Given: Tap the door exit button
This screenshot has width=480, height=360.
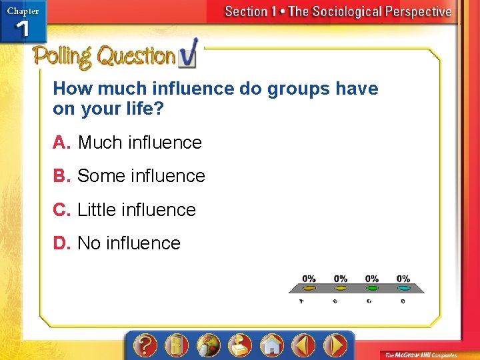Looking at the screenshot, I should click(175, 345).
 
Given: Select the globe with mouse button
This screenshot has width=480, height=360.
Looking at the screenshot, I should click(208, 345).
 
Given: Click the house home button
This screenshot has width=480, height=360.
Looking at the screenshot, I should click(272, 345).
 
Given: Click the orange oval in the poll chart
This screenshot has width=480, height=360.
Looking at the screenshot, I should click(309, 289).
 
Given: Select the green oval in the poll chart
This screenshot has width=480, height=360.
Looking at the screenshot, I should click(372, 289).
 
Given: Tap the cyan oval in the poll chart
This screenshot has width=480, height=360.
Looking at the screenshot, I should click(403, 289).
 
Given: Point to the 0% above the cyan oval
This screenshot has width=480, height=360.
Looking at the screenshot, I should click(403, 278).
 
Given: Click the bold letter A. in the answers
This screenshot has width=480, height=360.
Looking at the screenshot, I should click(62, 143).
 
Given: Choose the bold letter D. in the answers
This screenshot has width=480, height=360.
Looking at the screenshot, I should click(62, 243).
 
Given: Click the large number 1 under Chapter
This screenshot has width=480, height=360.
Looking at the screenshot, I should click(22, 30).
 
